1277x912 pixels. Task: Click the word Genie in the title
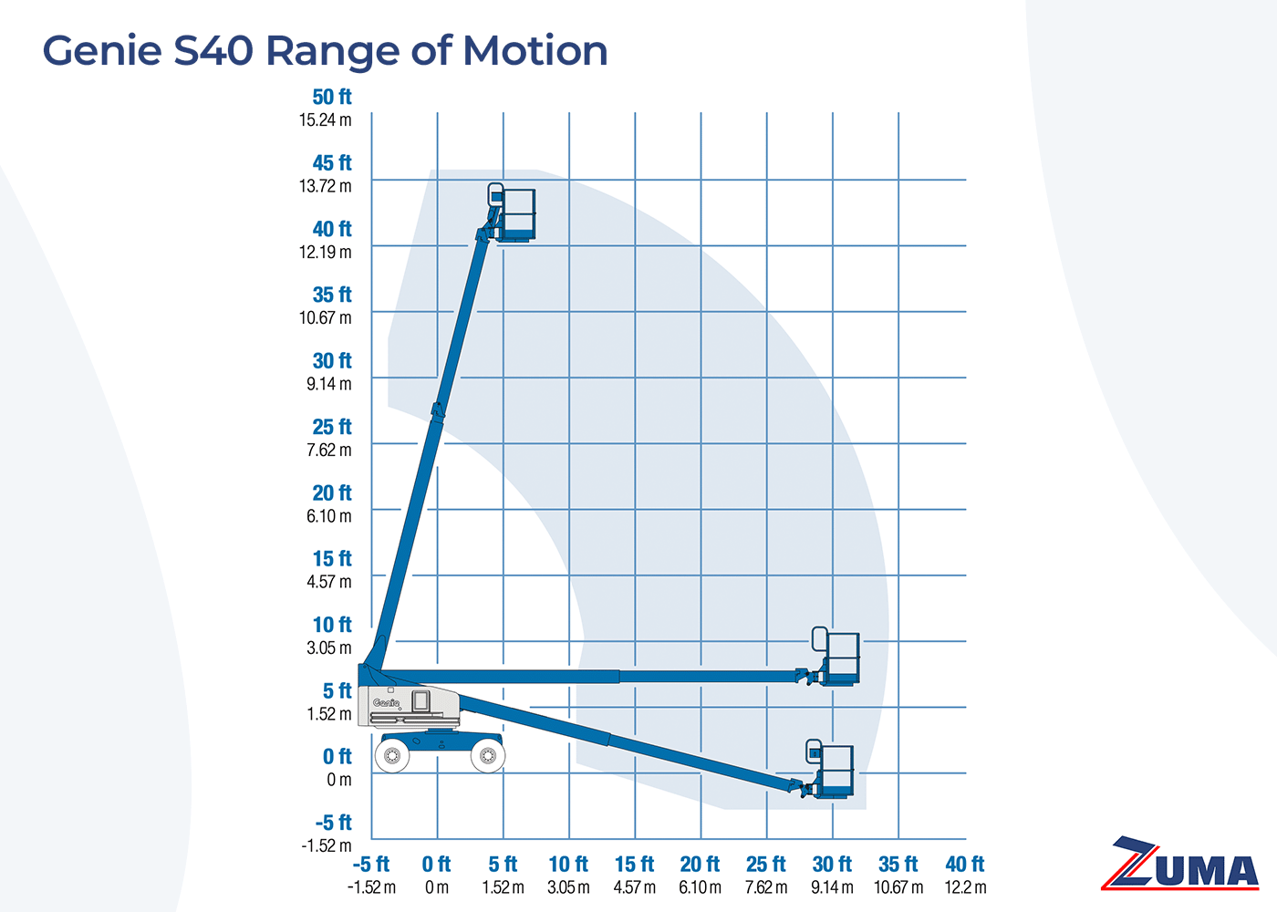coord(101,51)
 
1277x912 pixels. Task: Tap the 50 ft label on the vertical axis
coord(331,97)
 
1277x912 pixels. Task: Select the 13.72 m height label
coord(325,186)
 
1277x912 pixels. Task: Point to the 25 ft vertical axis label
coord(331,427)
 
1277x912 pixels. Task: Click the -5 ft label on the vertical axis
coord(333,823)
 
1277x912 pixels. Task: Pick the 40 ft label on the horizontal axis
coord(965,864)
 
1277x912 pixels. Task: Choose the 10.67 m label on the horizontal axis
coord(898,887)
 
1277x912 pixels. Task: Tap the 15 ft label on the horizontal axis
coord(634,864)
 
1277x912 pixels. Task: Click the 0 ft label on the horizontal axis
coord(437,864)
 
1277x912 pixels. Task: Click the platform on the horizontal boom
coord(841,658)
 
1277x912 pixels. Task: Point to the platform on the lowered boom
coord(835,772)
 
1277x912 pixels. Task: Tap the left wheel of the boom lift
coord(393,755)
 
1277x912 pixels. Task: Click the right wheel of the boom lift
coord(488,755)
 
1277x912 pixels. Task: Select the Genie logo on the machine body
coord(387,703)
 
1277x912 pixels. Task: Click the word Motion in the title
coord(535,51)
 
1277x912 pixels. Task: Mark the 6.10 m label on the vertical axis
coord(328,516)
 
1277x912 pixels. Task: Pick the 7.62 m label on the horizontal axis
coord(766,887)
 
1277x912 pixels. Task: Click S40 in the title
coord(213,51)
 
